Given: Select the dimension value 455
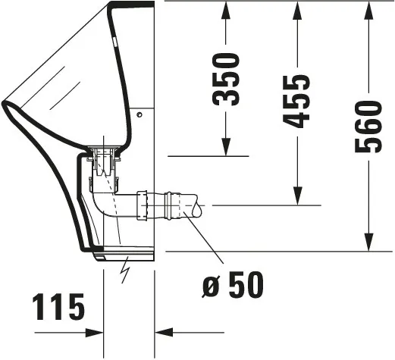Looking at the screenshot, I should click(297, 101).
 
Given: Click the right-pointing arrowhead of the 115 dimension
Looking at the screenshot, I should click(94, 332).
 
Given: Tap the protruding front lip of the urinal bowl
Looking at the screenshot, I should click(9, 106).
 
